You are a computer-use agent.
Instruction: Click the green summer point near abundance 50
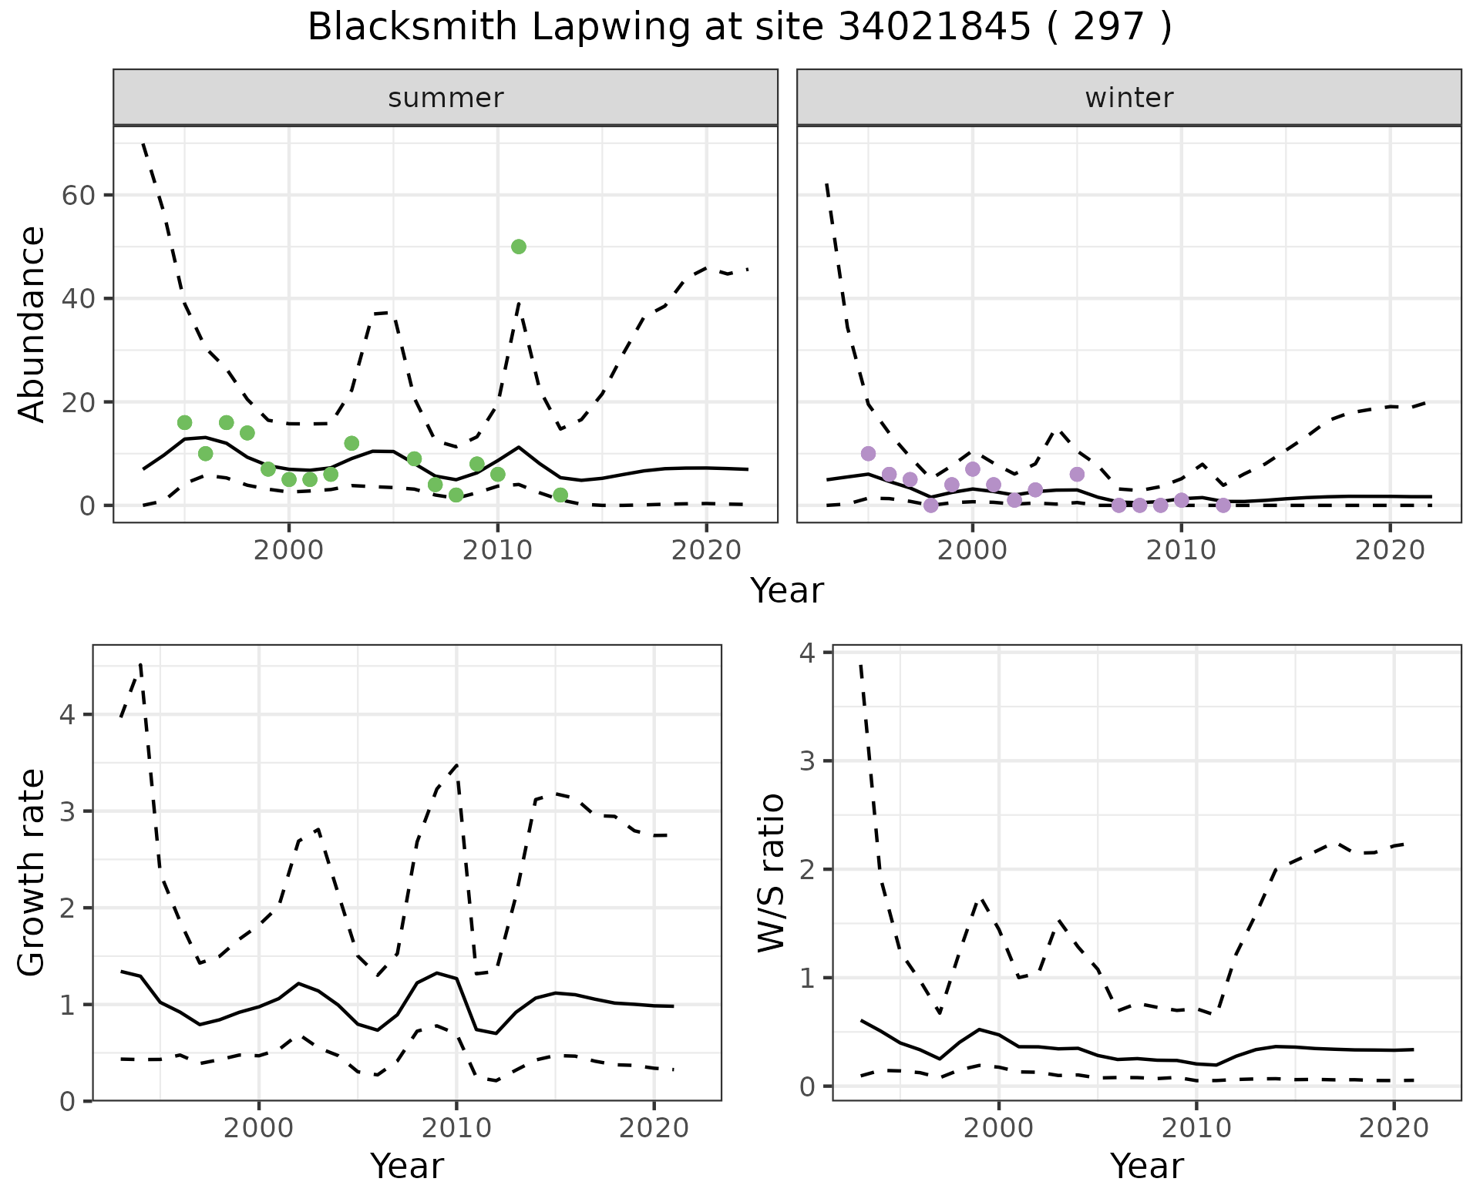[519, 247]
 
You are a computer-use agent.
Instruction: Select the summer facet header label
[446, 98]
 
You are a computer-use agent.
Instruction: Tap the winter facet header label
[1129, 98]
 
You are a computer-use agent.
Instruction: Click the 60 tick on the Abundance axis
[78, 196]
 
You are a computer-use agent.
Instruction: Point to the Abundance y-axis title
[32, 324]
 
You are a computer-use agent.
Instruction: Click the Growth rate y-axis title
[32, 872]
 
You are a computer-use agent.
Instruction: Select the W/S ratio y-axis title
[772, 872]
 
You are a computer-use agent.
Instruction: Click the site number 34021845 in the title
[933, 28]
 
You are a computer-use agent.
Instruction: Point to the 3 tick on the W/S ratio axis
[808, 762]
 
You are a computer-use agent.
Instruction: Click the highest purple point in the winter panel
[869, 453]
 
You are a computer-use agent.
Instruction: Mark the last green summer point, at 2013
[560, 495]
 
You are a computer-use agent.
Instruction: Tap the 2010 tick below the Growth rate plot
[456, 1129]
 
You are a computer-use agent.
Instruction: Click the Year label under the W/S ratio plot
[1146, 1167]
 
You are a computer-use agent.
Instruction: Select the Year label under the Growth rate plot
[407, 1167]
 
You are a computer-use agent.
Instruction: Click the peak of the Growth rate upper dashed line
[140, 663]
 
